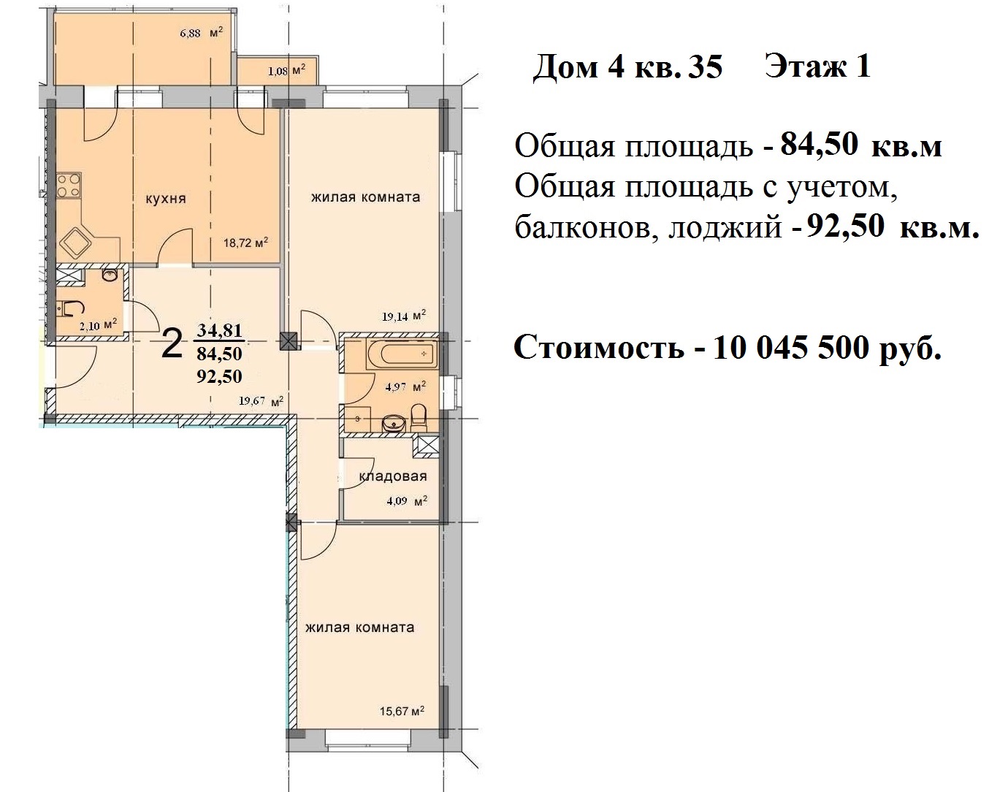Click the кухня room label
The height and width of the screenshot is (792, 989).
coord(165,199)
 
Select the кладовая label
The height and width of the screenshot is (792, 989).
coord(392,476)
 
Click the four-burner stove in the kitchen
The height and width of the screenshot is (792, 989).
coord(70,184)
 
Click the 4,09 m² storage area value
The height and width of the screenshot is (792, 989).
coord(405,502)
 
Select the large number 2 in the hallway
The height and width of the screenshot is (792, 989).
coord(171,344)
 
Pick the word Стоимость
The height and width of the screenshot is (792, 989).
coord(599,349)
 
